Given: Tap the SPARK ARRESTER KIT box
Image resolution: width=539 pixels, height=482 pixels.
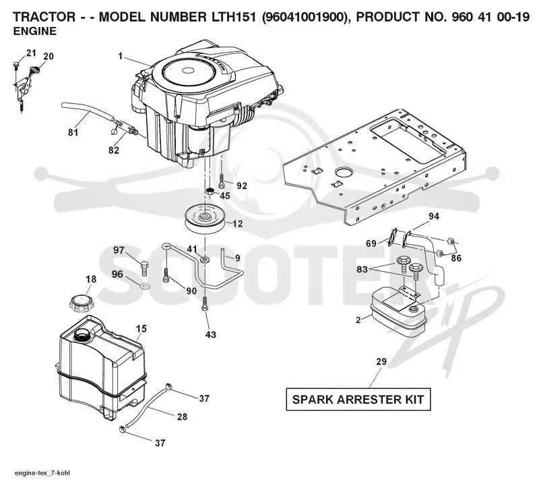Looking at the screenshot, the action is click(358, 400).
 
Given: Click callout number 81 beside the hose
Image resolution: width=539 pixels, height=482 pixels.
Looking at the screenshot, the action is click(73, 132).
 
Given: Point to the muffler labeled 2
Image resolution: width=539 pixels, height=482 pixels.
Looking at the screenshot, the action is click(398, 311).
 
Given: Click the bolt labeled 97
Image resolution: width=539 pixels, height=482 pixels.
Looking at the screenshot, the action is click(145, 268).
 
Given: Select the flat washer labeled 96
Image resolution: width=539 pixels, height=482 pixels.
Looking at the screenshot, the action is click(146, 286).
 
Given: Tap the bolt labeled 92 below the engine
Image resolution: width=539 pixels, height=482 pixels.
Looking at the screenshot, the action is click(222, 181).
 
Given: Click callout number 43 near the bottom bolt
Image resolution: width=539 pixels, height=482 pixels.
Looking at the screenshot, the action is click(211, 334).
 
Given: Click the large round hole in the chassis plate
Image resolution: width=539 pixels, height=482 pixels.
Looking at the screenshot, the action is click(343, 171).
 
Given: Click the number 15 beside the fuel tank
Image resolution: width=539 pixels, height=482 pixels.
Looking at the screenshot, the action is click(141, 328).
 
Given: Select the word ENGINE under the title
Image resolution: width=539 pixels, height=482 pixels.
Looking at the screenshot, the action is click(35, 31).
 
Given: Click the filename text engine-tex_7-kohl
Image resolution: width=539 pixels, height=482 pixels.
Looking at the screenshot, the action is click(42, 473).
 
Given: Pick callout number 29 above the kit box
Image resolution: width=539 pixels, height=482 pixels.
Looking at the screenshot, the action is click(381, 361).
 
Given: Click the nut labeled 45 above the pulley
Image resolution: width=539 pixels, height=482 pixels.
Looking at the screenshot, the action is click(210, 191).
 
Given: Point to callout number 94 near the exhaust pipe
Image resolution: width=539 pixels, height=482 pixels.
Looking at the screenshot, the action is click(434, 216).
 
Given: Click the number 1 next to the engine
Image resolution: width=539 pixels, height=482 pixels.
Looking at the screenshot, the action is click(121, 56).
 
